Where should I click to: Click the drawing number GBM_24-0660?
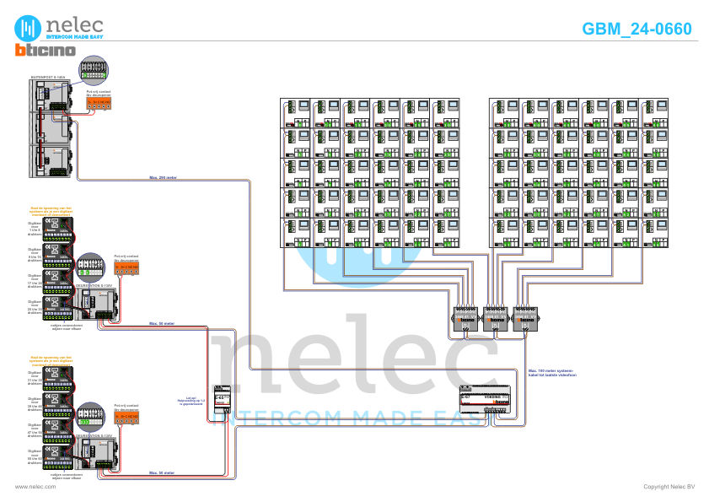coord(636,29)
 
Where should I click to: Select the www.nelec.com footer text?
coord(35,487)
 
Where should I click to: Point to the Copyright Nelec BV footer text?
coord(669,487)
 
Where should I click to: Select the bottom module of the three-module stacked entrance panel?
coord(52,159)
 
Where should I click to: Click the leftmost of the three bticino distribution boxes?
coord(466,318)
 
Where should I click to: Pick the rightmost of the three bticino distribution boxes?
coord(524,318)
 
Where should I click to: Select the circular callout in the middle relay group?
coord(91,268)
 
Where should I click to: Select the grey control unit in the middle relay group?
coord(93,301)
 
